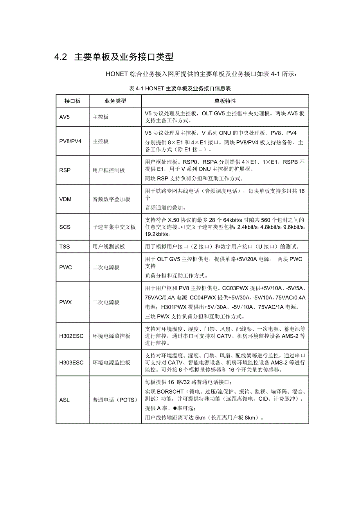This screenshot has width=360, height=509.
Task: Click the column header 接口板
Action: point(72,101)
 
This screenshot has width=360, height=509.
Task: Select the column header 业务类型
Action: point(115,101)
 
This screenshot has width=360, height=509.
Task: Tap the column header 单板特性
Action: point(225,101)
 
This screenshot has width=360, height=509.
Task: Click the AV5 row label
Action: point(65,117)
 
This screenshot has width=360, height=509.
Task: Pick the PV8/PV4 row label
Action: point(70,141)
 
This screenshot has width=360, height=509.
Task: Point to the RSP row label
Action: point(65,170)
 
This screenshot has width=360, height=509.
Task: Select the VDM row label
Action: point(65,199)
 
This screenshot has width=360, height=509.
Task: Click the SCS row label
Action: point(65,227)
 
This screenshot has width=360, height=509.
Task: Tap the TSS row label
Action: point(65,247)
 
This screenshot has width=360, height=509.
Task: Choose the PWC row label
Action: point(66,267)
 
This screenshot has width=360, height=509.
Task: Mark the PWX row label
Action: point(66,302)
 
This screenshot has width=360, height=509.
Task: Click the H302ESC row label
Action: point(71,336)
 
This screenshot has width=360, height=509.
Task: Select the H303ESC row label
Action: point(71,362)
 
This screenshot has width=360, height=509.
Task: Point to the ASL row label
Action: point(65,400)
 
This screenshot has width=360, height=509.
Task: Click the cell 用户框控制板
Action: point(109,170)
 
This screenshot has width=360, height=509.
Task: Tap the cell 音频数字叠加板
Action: point(112,199)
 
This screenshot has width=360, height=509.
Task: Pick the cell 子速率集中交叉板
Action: point(114,227)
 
